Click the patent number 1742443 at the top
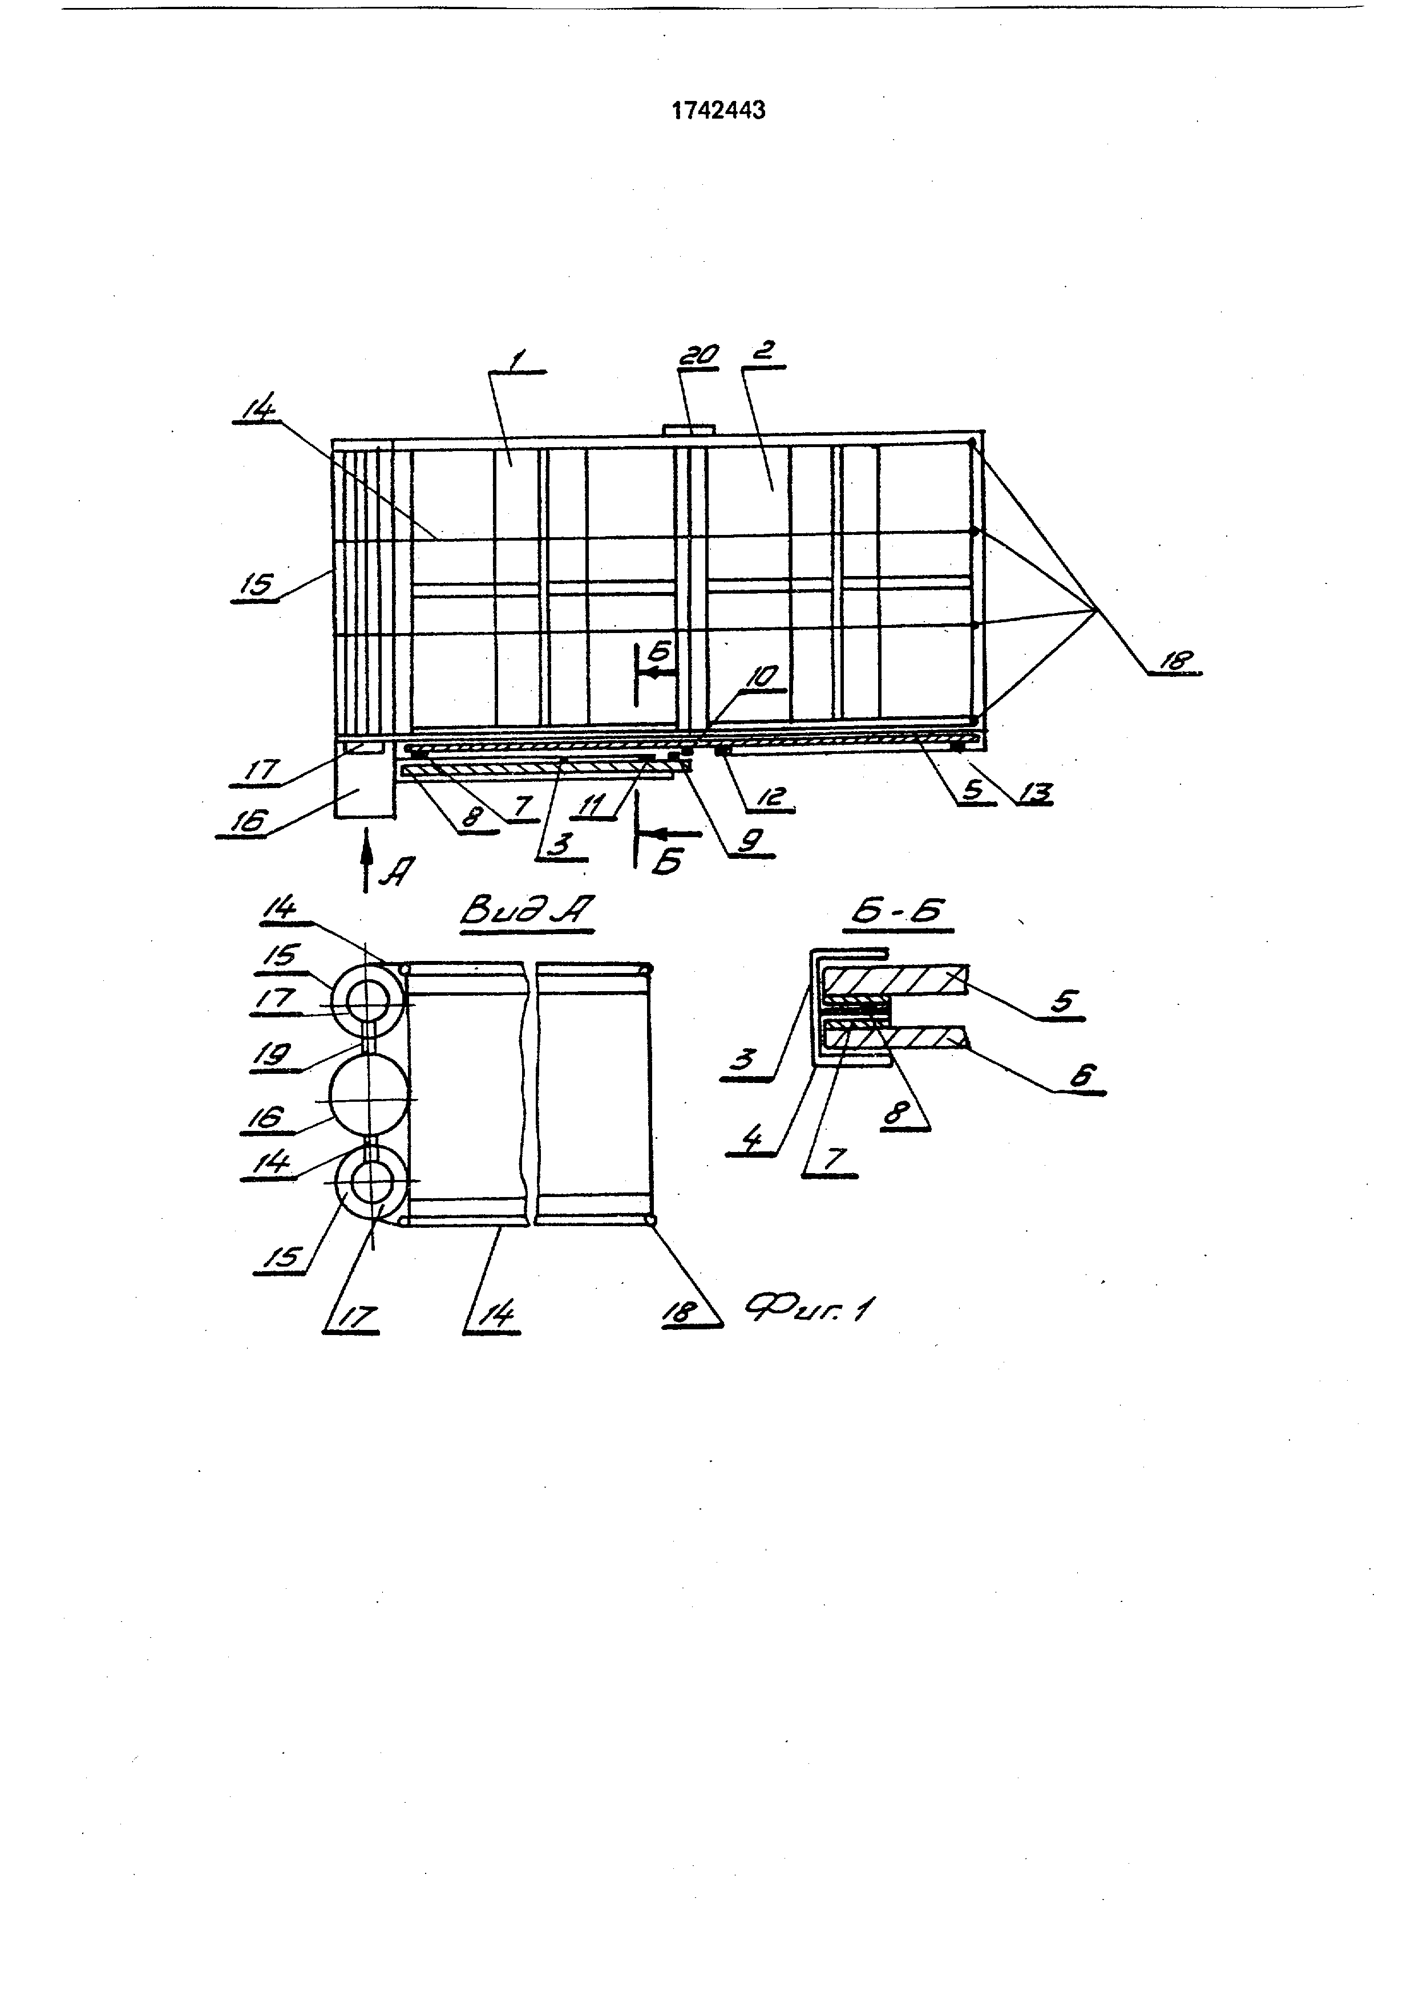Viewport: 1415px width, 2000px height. [x=719, y=111]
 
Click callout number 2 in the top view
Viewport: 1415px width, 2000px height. [x=763, y=351]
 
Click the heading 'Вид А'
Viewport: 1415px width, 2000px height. [x=526, y=911]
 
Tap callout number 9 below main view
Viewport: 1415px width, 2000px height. [x=750, y=839]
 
